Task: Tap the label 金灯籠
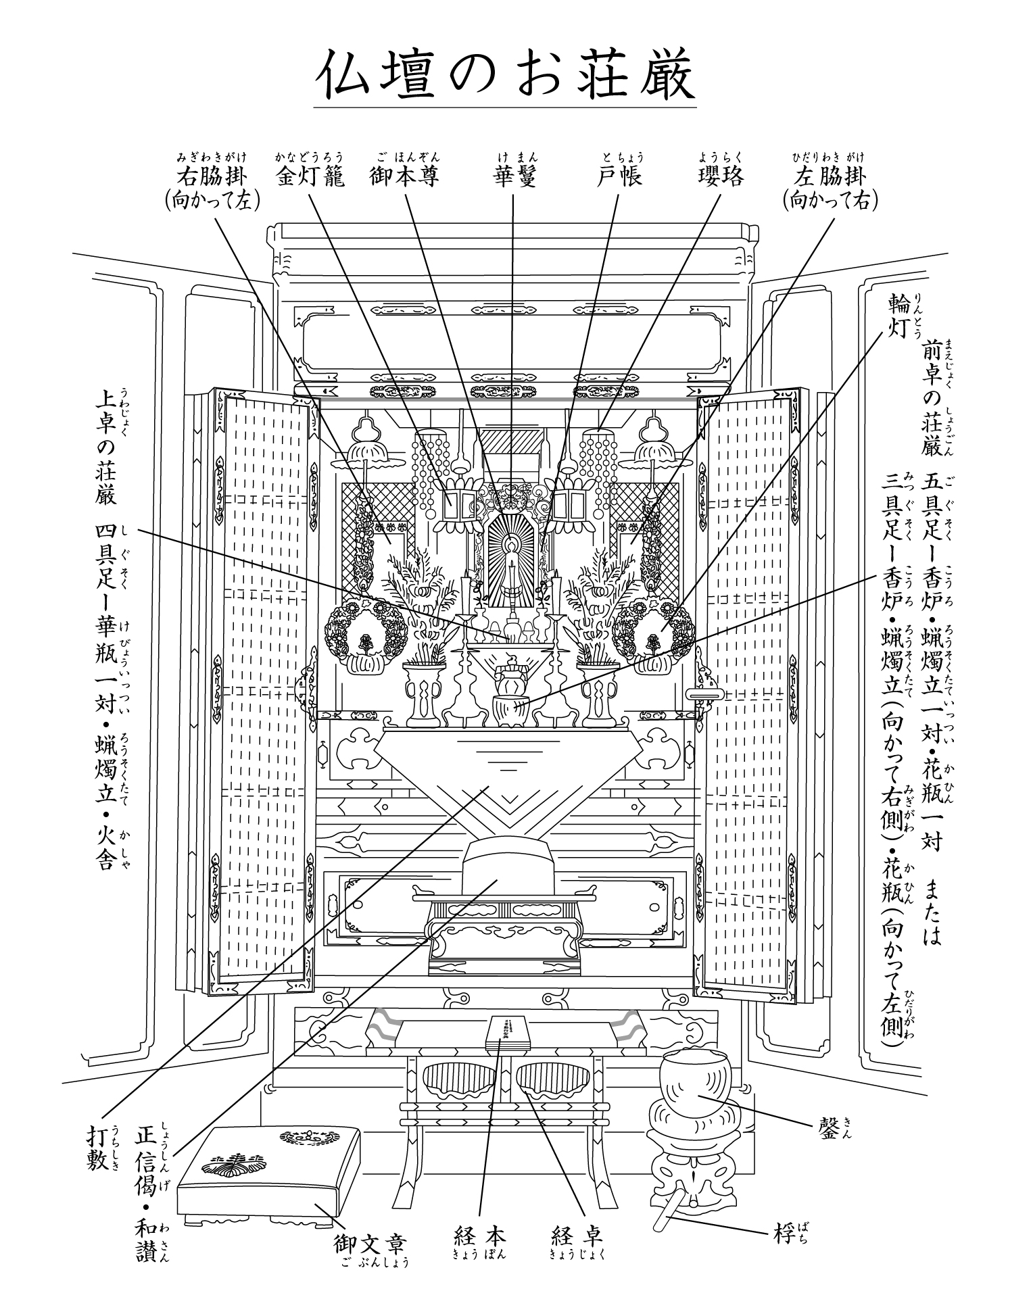click(310, 176)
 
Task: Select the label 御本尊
click(405, 176)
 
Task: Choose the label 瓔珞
click(721, 176)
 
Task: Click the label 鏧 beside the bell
click(828, 1126)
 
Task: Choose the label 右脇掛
click(212, 176)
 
